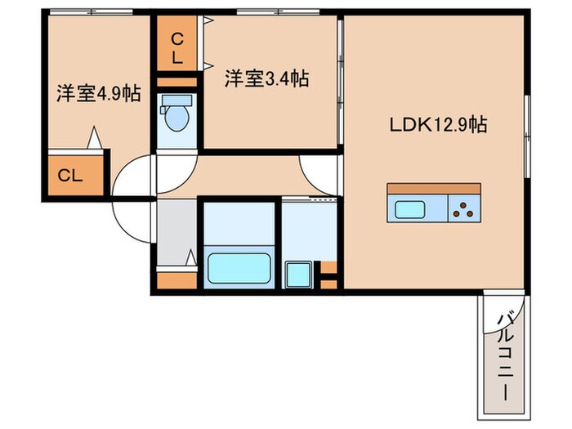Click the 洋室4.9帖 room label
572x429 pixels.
[98, 94]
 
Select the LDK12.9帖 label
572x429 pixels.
[438, 124]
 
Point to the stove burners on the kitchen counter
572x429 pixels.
[467, 210]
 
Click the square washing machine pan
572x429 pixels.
[297, 273]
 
